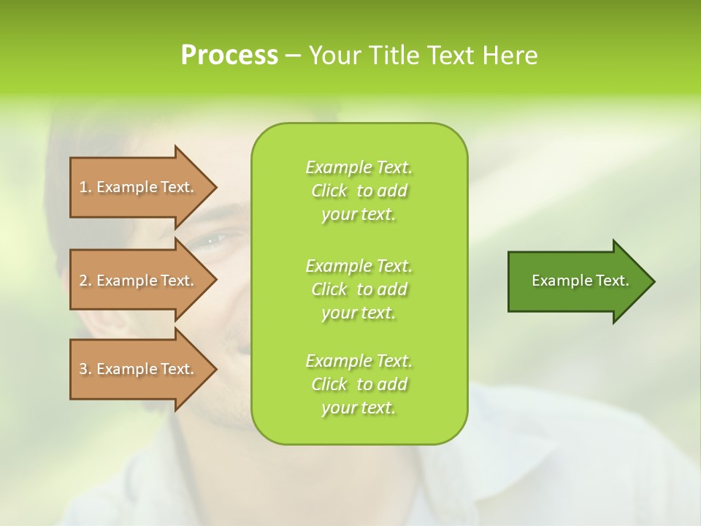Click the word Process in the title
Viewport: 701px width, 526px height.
229,56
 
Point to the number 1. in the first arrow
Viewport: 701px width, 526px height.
85,187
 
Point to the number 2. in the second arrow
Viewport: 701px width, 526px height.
85,281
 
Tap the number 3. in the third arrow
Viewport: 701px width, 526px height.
85,369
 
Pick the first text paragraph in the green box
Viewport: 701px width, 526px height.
359,191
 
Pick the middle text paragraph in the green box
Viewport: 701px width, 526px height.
359,289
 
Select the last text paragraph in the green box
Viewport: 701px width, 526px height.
359,384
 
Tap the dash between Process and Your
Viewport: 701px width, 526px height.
293,56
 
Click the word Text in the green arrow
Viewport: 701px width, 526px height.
613,281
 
